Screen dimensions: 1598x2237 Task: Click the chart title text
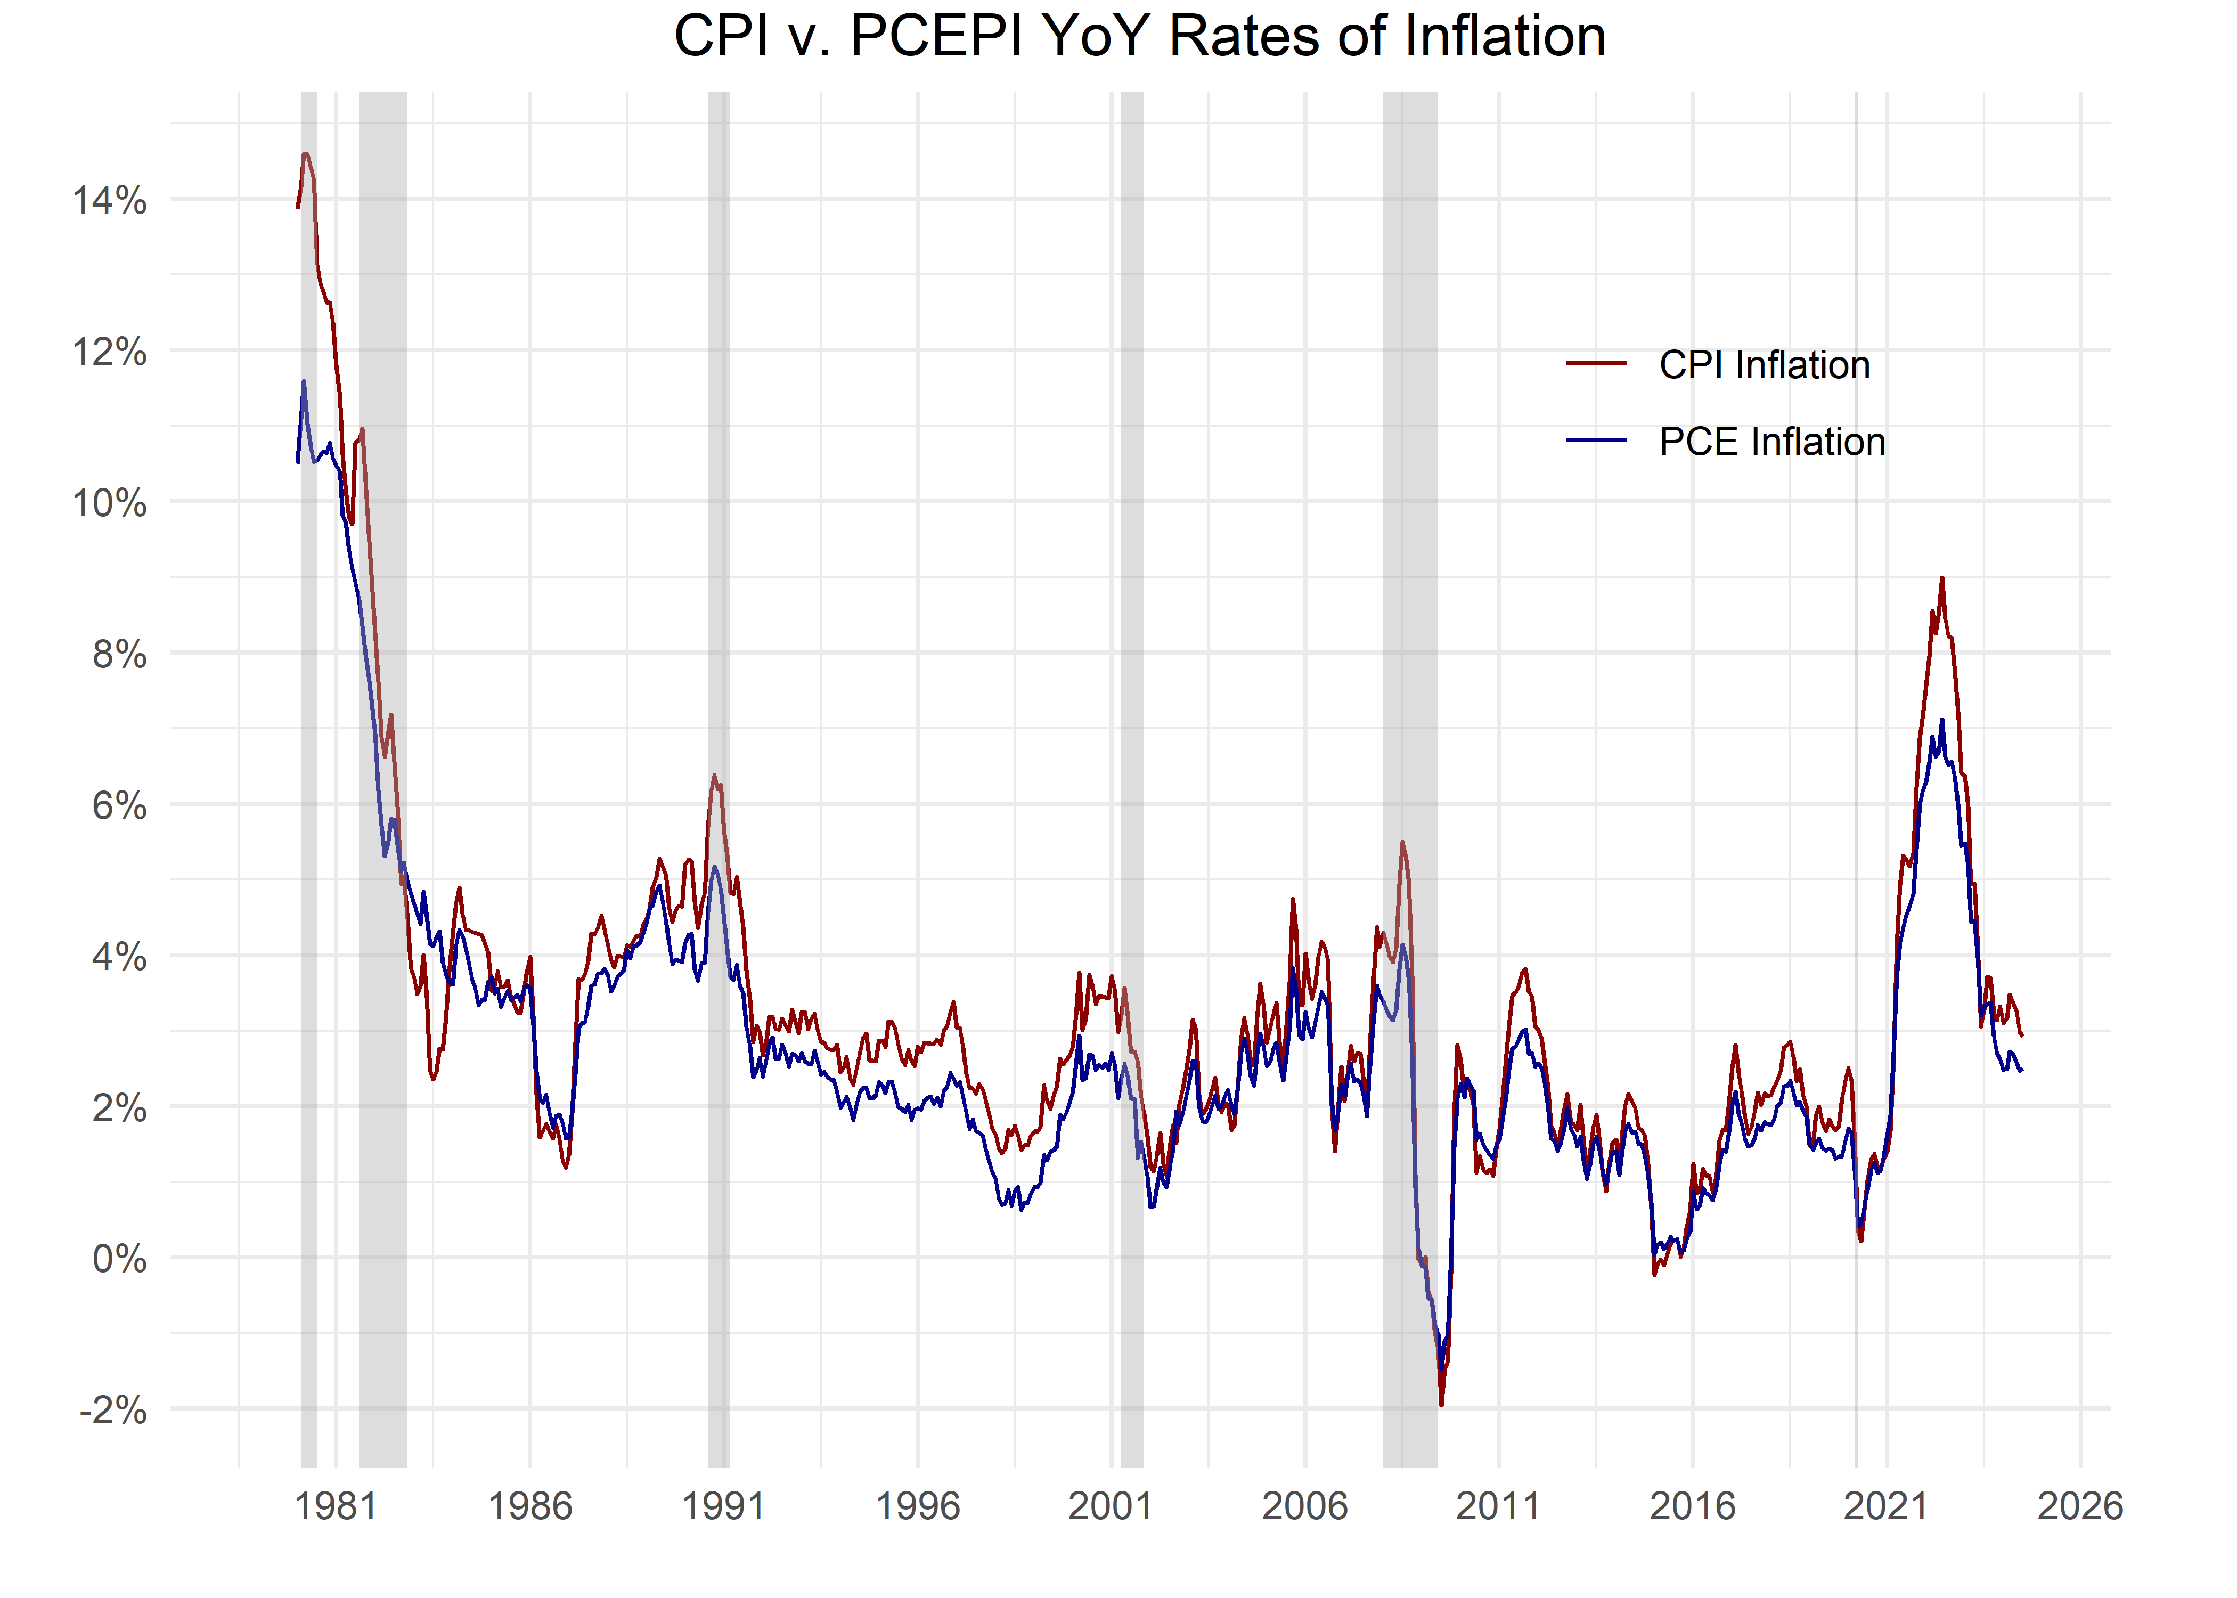pyautogui.click(x=1139, y=37)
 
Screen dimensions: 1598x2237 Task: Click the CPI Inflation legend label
pyautogui.click(x=1764, y=365)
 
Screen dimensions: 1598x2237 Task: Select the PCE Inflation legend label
pyautogui.click(x=1771, y=442)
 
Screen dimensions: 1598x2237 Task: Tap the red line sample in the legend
pyautogui.click(x=1596, y=364)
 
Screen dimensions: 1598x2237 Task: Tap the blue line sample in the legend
pyautogui.click(x=1596, y=441)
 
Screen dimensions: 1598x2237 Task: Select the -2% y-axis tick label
pyautogui.click(x=113, y=1410)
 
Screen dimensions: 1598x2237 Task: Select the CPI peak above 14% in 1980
pyautogui.click(x=306, y=154)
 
